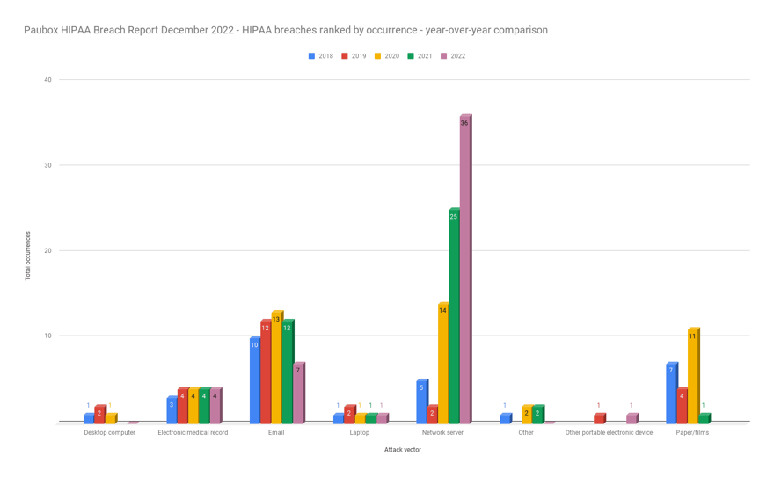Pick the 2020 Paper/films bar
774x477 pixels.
pyautogui.click(x=692, y=376)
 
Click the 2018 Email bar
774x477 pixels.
pyautogui.click(x=254, y=379)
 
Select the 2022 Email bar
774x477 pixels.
pyautogui.click(x=297, y=393)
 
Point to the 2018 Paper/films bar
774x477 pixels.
pyautogui.click(x=671, y=393)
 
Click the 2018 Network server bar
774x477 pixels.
pyautogui.click(x=421, y=401)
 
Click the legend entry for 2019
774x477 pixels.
pyautogui.click(x=354, y=56)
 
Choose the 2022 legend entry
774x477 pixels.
pyautogui.click(x=453, y=56)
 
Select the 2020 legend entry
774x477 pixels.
pyautogui.click(x=387, y=56)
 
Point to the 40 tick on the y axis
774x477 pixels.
pyautogui.click(x=47, y=80)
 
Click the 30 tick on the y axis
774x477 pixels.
pyautogui.click(x=47, y=165)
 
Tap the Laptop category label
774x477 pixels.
pyautogui.click(x=359, y=433)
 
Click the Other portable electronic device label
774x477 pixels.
pyautogui.click(x=609, y=433)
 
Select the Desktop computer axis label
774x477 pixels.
pyautogui.click(x=110, y=433)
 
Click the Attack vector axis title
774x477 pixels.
pyautogui.click(x=403, y=450)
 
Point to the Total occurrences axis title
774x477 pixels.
pyautogui.click(x=27, y=256)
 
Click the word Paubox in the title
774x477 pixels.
pyautogui.click(x=41, y=30)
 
